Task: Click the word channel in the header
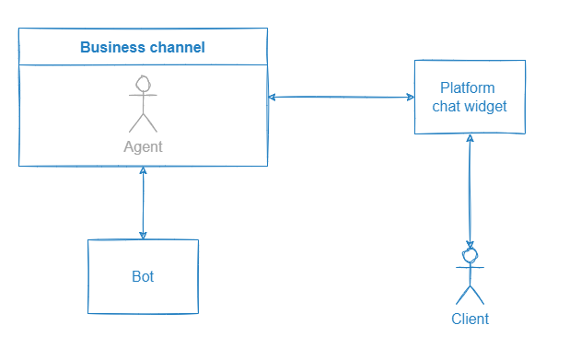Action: click(175, 47)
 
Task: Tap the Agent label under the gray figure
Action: click(143, 146)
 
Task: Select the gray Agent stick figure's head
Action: click(143, 85)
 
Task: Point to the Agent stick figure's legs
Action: click(143, 122)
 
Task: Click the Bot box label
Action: click(143, 275)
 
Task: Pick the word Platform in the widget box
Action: click(468, 88)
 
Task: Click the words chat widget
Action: click(470, 106)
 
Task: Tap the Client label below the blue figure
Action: click(470, 319)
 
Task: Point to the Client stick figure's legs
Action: click(471, 294)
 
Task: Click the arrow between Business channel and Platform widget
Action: click(341, 97)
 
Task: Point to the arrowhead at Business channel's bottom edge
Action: click(143, 172)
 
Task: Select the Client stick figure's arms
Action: click(471, 267)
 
